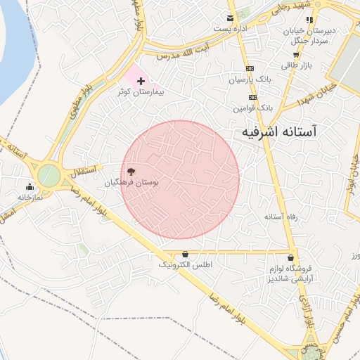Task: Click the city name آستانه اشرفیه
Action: point(279,131)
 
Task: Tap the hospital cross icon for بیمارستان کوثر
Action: point(141,82)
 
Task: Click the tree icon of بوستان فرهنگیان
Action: point(131,172)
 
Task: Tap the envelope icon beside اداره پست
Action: point(229,18)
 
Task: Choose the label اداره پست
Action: point(231,29)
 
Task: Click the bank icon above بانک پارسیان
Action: point(250,69)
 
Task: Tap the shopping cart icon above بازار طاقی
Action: point(296,54)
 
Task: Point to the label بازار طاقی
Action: point(297,65)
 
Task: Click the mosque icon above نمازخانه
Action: point(30,186)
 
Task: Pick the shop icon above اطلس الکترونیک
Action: point(185,254)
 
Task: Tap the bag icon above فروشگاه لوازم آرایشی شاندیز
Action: point(291,257)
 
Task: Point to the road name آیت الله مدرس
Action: point(184,51)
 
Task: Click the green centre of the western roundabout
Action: point(49,174)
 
